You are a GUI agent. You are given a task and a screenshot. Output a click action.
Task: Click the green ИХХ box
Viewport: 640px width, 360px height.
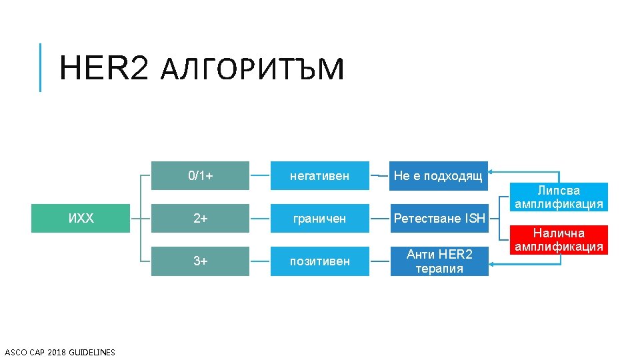click(x=81, y=218)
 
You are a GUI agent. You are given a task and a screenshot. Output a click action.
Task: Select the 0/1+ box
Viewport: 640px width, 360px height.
click(x=200, y=176)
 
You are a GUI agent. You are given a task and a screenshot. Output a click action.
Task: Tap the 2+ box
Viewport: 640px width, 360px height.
click(x=200, y=218)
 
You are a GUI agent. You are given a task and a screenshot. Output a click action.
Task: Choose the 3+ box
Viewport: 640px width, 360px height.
click(x=200, y=261)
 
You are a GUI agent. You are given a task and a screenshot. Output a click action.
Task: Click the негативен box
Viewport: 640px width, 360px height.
click(x=319, y=176)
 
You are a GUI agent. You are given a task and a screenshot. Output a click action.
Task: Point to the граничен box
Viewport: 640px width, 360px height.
click(x=319, y=218)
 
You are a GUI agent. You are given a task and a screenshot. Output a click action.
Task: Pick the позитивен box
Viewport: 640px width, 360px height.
click(x=319, y=261)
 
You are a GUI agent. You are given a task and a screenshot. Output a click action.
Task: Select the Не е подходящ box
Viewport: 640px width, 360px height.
click(x=438, y=176)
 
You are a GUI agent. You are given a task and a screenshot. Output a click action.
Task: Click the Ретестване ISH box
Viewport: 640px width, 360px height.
click(x=438, y=218)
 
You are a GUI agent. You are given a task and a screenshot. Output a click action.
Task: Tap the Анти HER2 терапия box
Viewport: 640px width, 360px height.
click(x=439, y=261)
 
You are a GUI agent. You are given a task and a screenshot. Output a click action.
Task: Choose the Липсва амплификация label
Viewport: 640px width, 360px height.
click(x=559, y=197)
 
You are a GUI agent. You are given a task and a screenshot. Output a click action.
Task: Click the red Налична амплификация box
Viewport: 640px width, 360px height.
click(x=559, y=240)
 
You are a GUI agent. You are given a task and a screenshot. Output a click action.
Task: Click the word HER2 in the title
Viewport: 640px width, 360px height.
click(x=103, y=68)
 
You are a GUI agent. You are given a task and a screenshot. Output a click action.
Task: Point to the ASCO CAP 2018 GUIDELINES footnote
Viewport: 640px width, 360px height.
click(x=60, y=352)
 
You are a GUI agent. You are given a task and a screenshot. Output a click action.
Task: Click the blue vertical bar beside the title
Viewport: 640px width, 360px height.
click(x=40, y=67)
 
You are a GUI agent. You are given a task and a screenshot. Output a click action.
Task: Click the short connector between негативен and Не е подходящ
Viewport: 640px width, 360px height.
click(x=379, y=176)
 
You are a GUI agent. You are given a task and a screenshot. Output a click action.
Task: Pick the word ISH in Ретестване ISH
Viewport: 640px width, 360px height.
click(x=475, y=218)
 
